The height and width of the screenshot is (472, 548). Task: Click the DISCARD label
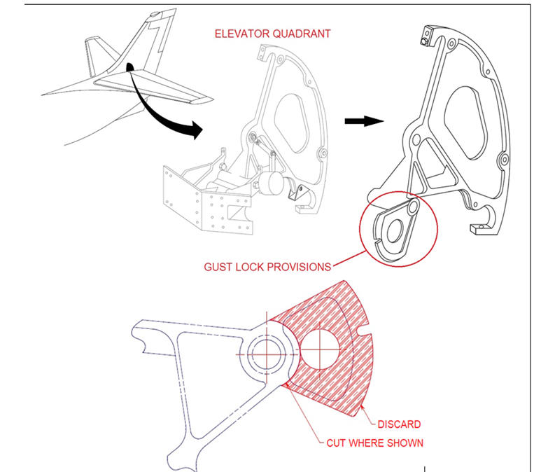[x=399, y=424]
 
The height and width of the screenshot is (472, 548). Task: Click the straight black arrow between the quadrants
[x=364, y=120]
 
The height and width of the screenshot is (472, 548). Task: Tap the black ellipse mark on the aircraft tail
[x=129, y=68]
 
